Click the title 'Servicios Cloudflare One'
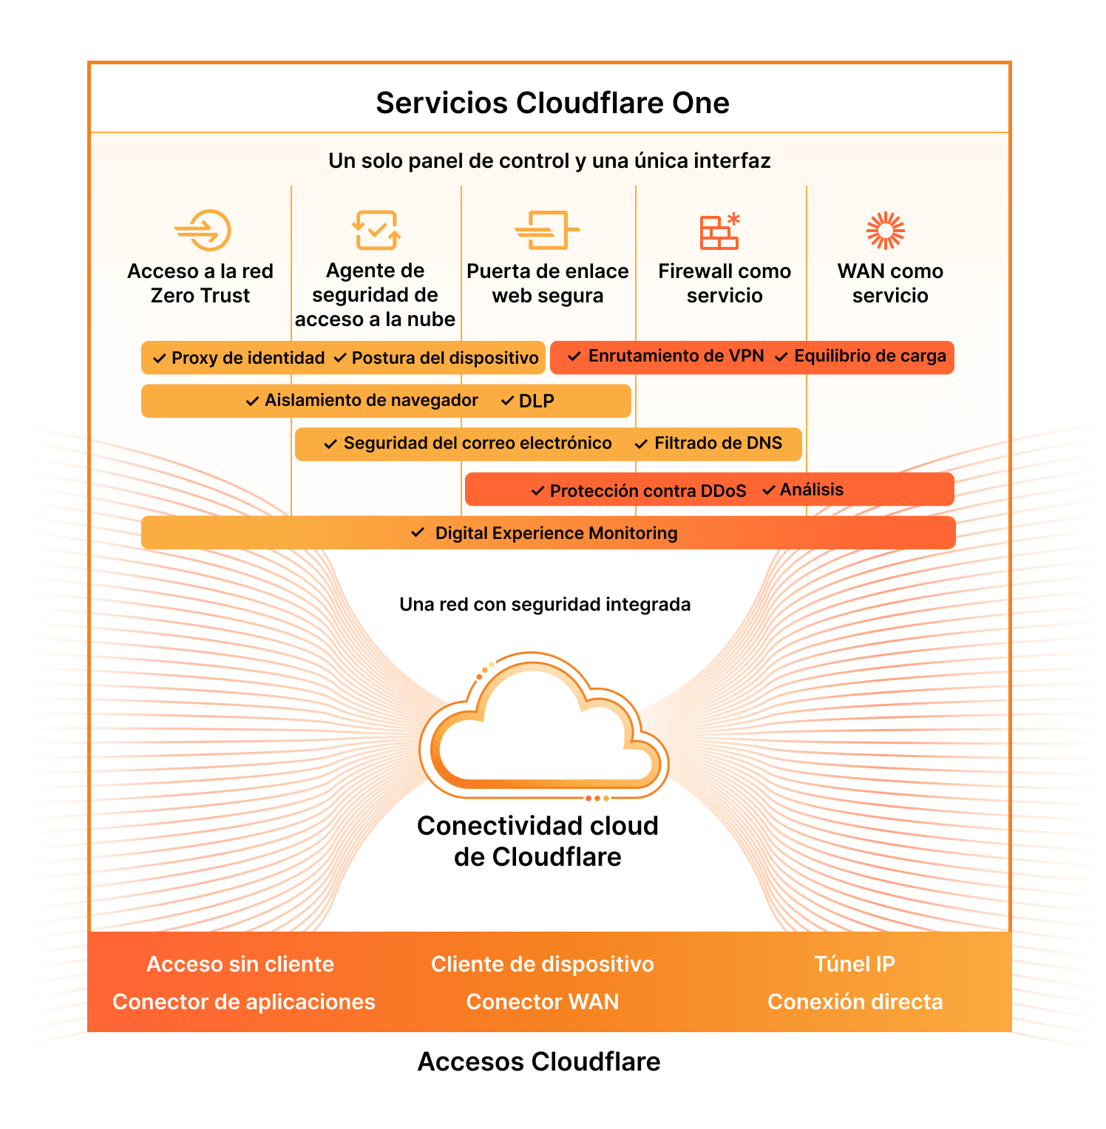(x=552, y=103)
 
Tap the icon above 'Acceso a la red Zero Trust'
(x=203, y=230)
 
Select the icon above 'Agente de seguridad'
(x=376, y=230)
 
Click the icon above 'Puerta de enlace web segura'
(x=547, y=230)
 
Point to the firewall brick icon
(x=719, y=231)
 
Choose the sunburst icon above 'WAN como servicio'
(x=885, y=230)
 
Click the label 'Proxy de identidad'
(x=248, y=358)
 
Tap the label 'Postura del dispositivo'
(x=444, y=358)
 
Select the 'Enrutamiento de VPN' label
(x=676, y=356)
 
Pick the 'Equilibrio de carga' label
(x=869, y=356)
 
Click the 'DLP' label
(x=536, y=401)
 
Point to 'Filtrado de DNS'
(x=718, y=443)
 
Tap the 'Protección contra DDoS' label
(x=648, y=491)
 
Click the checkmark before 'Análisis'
(x=769, y=489)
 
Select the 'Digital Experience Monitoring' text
(x=556, y=533)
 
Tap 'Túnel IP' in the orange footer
(x=854, y=964)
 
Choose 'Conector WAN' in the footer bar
(x=542, y=1002)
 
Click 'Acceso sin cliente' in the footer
(x=240, y=964)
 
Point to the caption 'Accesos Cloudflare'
(x=539, y=1062)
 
